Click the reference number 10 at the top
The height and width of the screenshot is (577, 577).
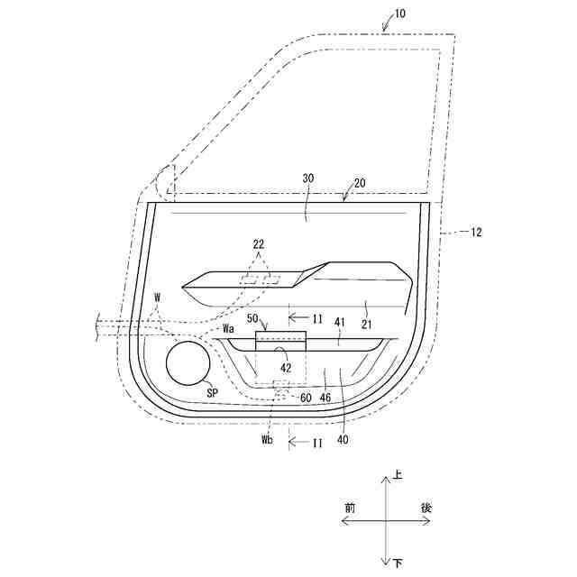click(399, 14)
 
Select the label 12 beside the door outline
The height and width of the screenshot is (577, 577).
click(476, 233)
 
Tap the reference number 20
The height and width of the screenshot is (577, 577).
click(360, 183)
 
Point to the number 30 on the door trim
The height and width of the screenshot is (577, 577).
click(308, 179)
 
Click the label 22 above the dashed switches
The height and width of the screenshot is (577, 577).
click(259, 244)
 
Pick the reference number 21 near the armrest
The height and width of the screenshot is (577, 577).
click(367, 325)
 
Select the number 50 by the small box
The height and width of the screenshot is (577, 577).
click(252, 318)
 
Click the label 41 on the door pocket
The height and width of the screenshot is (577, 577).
click(340, 323)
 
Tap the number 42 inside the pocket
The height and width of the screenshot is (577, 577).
click(286, 368)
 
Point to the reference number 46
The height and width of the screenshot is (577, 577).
click(325, 398)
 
